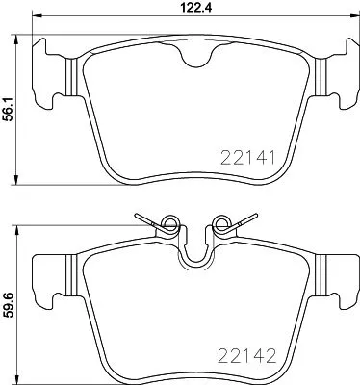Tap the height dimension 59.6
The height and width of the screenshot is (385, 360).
point(11,300)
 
